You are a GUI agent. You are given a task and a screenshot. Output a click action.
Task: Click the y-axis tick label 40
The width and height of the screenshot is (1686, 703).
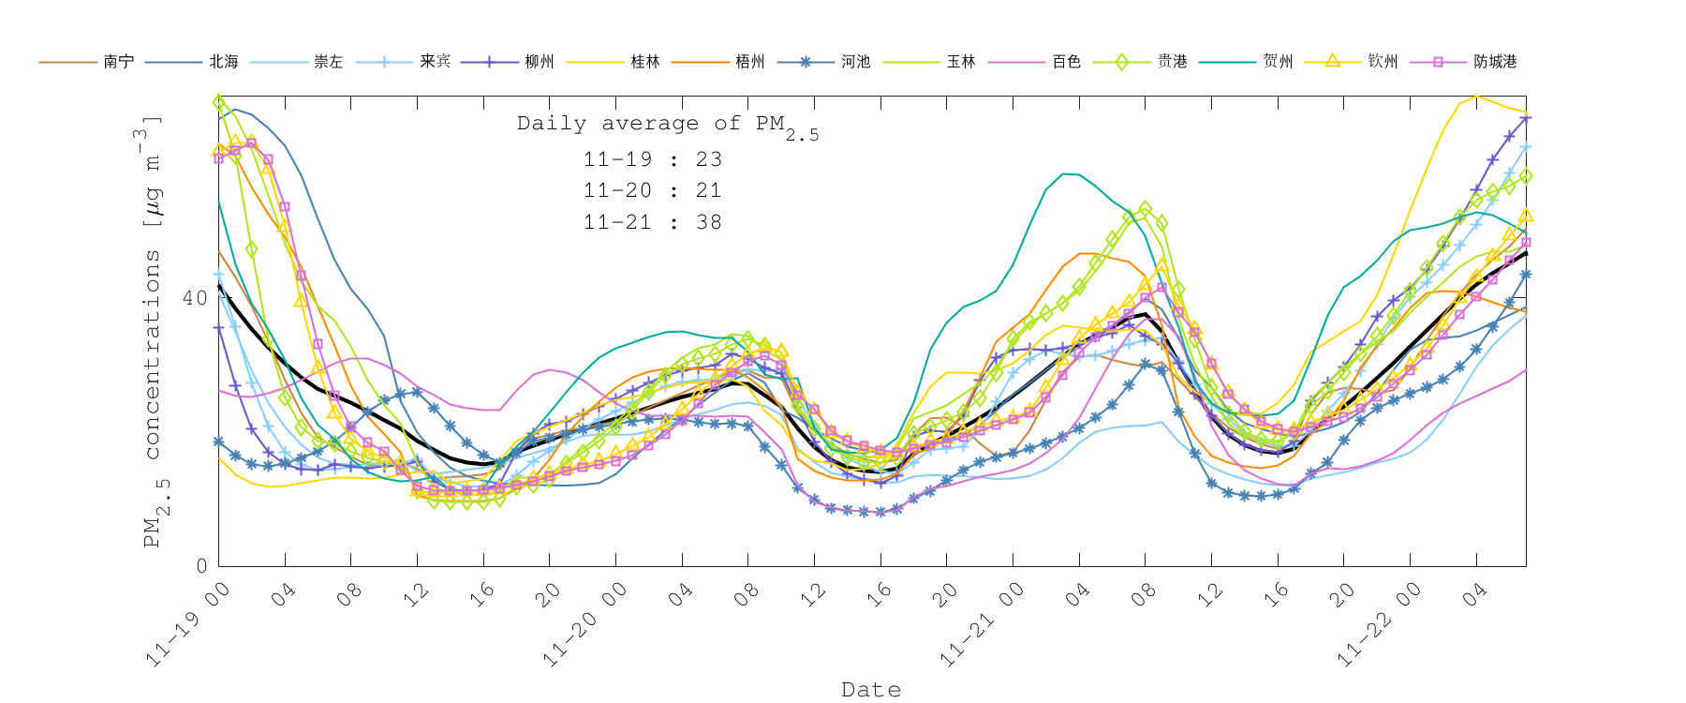click(195, 298)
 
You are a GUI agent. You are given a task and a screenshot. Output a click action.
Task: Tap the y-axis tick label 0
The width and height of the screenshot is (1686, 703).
click(201, 566)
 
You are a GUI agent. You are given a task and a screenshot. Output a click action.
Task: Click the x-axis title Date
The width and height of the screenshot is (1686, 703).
click(871, 690)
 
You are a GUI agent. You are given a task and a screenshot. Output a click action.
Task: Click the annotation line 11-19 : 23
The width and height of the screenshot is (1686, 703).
click(653, 159)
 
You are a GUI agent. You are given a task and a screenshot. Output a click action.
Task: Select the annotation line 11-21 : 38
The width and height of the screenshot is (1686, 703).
click(653, 222)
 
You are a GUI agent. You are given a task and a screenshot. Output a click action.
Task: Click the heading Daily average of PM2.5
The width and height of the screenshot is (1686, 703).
click(667, 125)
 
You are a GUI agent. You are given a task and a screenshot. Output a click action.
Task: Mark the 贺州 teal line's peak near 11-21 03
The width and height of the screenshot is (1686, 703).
click(1064, 173)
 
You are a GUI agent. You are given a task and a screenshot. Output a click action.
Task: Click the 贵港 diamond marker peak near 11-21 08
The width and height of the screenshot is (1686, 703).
click(1146, 208)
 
